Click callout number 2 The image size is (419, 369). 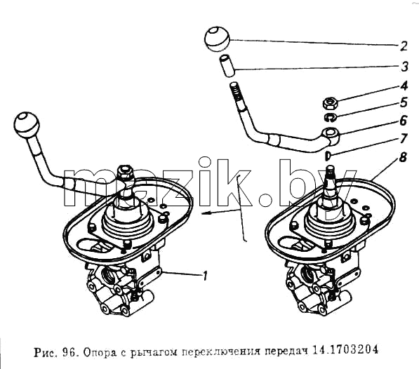404,46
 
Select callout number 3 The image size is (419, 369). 404,66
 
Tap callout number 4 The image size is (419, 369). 404,86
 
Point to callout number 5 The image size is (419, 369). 404,102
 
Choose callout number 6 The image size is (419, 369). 404,121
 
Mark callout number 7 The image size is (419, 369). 404,138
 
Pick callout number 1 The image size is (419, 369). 205,276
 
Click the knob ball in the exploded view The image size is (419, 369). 218,39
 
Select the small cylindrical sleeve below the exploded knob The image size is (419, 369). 227,66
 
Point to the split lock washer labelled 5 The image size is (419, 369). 331,117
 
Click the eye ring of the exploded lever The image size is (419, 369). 331,133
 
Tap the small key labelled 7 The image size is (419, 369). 328,156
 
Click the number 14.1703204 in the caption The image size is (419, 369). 345,350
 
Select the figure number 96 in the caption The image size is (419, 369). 68,353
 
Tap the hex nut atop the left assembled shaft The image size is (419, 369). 125,172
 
